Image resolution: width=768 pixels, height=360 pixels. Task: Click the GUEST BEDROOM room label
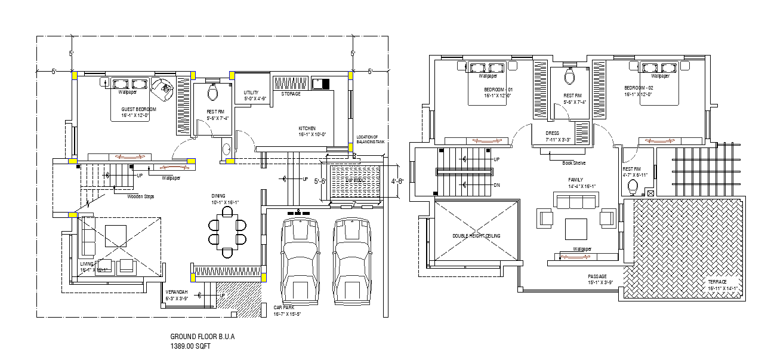[138, 109]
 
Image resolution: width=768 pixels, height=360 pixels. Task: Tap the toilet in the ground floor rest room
[212, 92]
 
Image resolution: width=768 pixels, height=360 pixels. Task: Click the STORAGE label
[291, 94]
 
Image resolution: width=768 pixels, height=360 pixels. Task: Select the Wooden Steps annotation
[141, 196]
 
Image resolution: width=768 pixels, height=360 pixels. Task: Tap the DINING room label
[218, 196]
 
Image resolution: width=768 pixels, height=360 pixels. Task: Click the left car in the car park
[300, 260]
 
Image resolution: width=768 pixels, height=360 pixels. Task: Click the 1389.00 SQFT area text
[190, 346]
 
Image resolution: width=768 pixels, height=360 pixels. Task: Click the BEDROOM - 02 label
[639, 88]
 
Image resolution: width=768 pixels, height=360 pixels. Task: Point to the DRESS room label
[552, 133]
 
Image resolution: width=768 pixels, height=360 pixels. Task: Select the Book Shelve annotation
[573, 162]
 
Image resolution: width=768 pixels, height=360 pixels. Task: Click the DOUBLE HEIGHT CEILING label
[476, 236]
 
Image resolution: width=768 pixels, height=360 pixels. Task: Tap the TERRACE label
[717, 282]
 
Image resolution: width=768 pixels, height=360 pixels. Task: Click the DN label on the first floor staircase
[496, 185]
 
